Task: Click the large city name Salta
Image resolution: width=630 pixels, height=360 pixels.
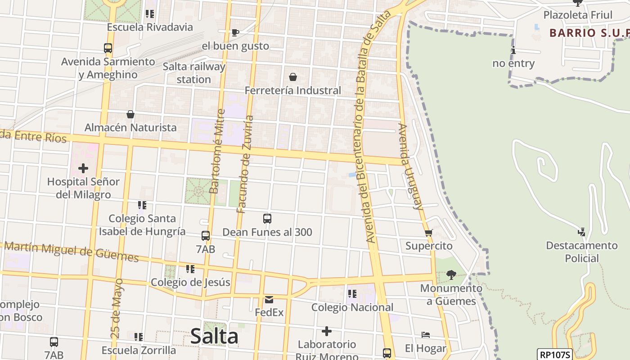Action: (214, 336)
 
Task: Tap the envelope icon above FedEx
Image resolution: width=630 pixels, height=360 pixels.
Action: (269, 300)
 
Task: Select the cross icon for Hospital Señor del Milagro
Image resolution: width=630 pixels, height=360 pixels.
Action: (83, 169)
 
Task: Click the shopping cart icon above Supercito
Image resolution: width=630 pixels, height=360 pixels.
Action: (428, 233)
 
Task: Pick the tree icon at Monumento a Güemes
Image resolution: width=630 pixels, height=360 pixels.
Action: (451, 274)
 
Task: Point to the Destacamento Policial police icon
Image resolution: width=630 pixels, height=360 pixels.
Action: (581, 232)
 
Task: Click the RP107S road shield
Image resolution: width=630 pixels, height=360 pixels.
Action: (554, 355)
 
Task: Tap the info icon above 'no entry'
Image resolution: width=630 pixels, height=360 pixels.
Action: (513, 50)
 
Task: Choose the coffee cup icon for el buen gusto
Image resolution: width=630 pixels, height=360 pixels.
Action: (235, 32)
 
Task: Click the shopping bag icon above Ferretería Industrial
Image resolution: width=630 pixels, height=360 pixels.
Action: (293, 77)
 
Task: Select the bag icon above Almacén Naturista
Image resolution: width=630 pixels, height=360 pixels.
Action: (130, 114)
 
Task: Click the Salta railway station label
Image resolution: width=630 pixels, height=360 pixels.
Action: (194, 73)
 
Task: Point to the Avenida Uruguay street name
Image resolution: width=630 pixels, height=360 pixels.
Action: (411, 166)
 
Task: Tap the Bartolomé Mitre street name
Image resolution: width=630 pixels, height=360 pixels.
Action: (217, 151)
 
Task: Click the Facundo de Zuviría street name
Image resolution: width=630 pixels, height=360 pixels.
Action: (245, 164)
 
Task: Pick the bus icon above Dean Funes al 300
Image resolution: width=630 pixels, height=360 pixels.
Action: (267, 219)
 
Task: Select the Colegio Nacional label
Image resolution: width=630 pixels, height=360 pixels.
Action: (353, 307)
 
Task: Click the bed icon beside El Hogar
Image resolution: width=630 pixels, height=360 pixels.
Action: (426, 335)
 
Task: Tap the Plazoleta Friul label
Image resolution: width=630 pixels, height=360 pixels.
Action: (578, 15)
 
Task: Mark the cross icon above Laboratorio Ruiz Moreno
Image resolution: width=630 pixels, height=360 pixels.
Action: (327, 332)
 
